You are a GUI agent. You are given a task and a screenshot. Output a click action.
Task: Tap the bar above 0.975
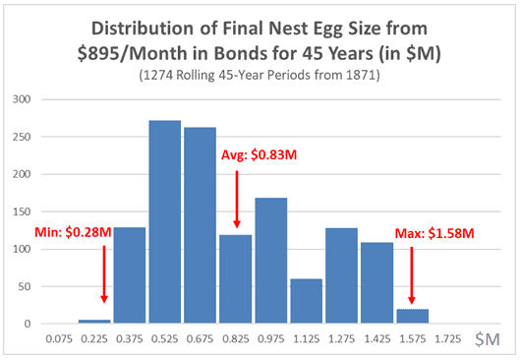[270, 261]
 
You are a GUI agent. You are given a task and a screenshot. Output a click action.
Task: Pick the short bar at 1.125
[306, 301]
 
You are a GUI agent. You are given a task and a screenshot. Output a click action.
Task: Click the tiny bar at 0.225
[94, 321]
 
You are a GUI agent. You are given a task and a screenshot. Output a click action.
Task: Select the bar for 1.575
[412, 316]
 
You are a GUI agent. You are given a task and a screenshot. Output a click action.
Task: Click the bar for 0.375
[130, 275]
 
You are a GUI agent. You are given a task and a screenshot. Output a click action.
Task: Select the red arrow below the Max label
[412, 275]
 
